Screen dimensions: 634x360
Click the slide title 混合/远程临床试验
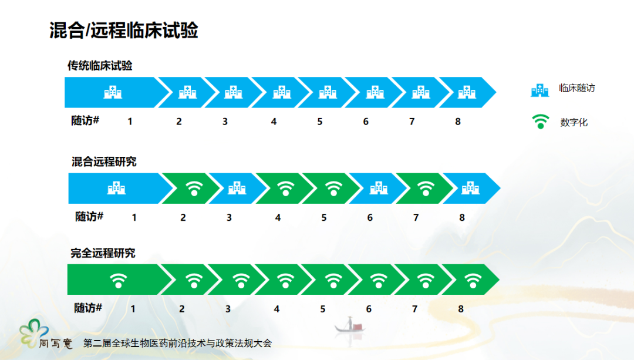pos(124,31)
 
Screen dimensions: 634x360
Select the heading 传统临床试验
pos(100,66)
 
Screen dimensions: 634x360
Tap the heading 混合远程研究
pos(104,162)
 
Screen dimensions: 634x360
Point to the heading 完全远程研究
pos(103,253)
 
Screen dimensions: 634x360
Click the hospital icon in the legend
pos(540,90)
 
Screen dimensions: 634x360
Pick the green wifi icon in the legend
pos(540,122)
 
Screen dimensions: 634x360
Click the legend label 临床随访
pos(577,88)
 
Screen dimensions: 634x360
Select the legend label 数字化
pos(574,122)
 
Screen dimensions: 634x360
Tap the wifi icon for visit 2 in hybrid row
pos(194,189)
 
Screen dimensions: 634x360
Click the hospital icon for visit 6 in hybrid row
pos(379,188)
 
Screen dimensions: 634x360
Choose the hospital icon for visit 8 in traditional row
pos(467,92)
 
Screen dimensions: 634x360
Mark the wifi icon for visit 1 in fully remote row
pos(119,280)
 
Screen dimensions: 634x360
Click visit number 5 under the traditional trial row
pos(320,122)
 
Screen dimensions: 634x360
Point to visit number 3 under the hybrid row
pos(230,218)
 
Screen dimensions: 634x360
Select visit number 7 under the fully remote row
pos(415,309)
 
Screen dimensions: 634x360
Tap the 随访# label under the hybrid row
pos(89,217)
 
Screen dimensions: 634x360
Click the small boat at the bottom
pos(349,325)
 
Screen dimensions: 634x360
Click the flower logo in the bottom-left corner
pos(33,332)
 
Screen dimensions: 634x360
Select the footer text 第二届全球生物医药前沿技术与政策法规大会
pos(177,344)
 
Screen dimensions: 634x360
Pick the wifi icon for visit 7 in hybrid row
pos(426,189)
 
